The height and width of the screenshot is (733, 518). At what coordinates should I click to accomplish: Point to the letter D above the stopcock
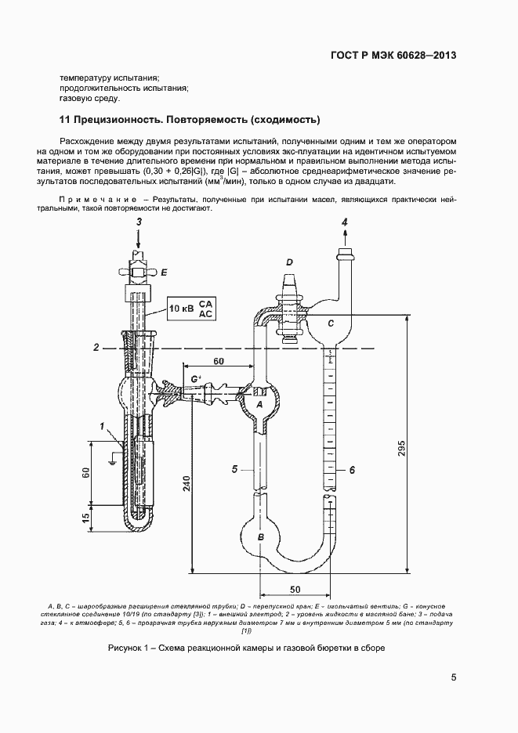pyautogui.click(x=289, y=262)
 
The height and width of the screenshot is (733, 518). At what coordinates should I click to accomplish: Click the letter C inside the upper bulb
pyautogui.click(x=331, y=323)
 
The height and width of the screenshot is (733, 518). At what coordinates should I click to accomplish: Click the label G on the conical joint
pyautogui.click(x=196, y=380)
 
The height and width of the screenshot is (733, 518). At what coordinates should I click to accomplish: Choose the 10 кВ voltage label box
pyautogui.click(x=191, y=309)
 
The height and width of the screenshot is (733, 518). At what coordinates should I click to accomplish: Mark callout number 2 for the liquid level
pyautogui.click(x=96, y=346)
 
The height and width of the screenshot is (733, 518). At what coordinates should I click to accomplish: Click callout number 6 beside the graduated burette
pyautogui.click(x=353, y=470)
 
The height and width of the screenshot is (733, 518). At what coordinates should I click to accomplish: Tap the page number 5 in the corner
pyautogui.click(x=454, y=678)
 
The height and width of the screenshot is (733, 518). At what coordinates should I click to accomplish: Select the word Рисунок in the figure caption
pyautogui.click(x=127, y=649)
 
